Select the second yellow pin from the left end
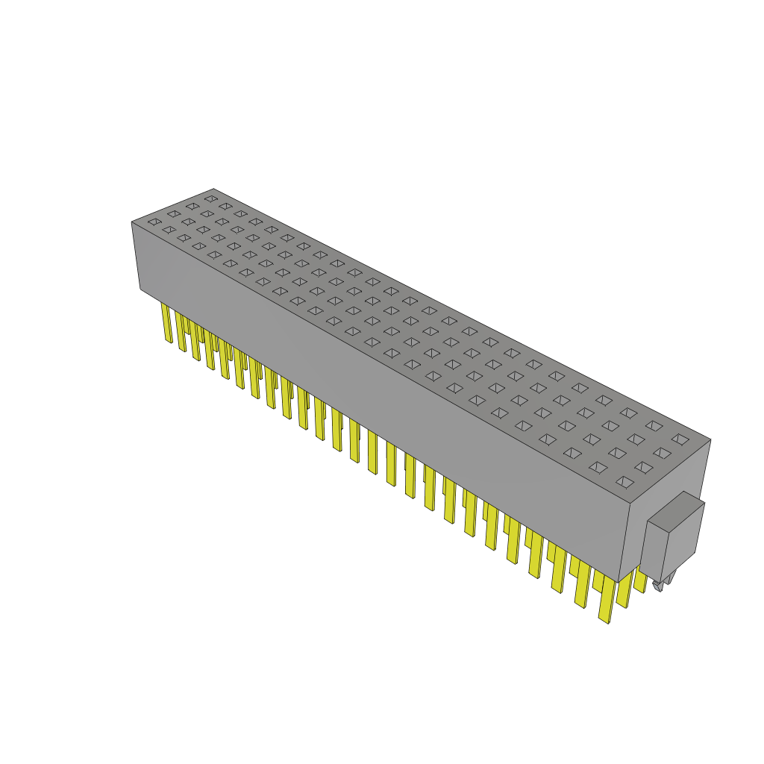[x=181, y=332]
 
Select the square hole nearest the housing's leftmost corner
[x=154, y=222]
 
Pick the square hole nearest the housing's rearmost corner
[x=210, y=199]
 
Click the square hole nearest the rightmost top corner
[x=679, y=439]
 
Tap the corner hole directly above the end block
[x=624, y=482]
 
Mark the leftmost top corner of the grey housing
[x=132, y=222]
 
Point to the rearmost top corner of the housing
[x=214, y=189]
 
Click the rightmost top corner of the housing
[x=710, y=439]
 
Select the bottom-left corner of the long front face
[x=140, y=289]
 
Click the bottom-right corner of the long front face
[x=619, y=581]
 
